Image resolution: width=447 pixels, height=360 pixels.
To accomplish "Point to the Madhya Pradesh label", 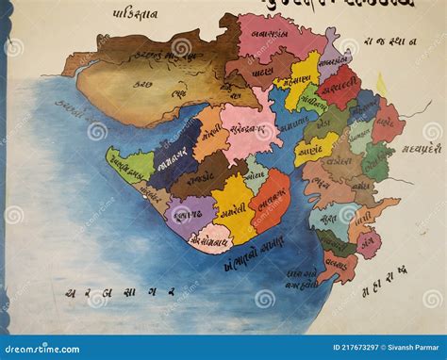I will [420, 147].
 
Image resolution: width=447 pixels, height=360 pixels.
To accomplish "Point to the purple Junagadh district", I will [189, 214].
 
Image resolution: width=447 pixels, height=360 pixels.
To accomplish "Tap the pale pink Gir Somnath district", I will [211, 237].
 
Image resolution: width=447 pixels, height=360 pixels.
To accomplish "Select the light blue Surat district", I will [331, 219].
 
